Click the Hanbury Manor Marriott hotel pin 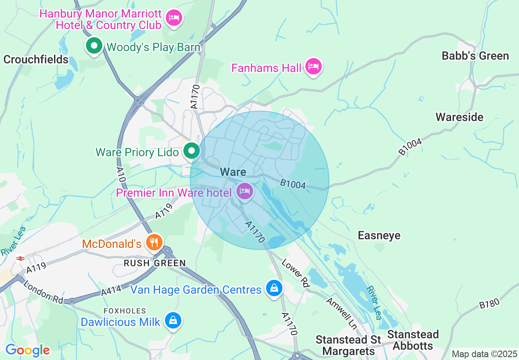pos(174,18)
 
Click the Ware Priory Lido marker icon pos(191,151)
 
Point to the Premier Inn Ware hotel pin pos(245,191)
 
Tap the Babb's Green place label pos(475,56)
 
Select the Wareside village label pos(459,117)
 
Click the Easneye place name pos(379,236)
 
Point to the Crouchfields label pos(36,60)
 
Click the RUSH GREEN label pos(155,263)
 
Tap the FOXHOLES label pos(125,311)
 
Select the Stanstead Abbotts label pos(413,340)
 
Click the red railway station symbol pos(20,258)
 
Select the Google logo pos(27,350)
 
